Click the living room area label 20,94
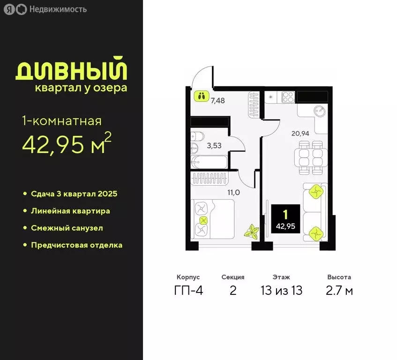pos(300,133)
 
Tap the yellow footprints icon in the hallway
pos(202,97)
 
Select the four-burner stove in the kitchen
pos(287,97)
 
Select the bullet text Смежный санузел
pos(67,228)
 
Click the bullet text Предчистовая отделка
pos(76,245)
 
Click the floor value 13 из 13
pos(281,291)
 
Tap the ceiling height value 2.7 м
pos(339,291)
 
